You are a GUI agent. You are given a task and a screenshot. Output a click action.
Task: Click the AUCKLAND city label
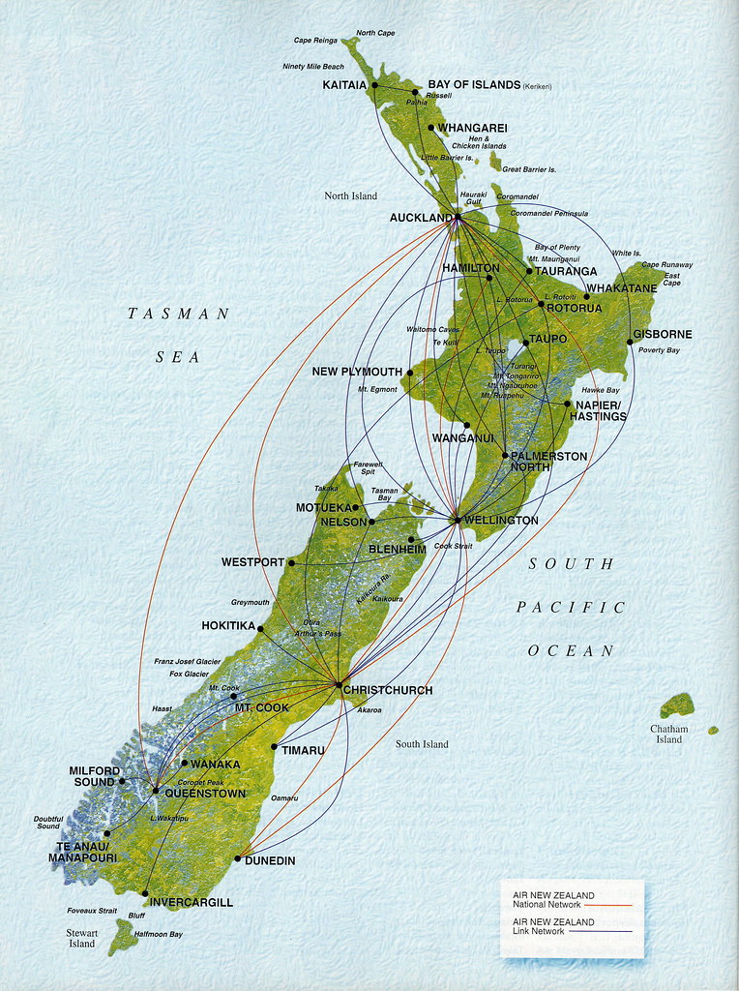tap(420, 218)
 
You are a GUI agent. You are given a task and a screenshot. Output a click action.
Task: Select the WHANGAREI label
tap(472, 128)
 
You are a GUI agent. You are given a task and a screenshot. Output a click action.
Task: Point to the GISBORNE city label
tap(663, 335)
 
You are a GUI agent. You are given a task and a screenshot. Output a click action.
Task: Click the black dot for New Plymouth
tap(410, 373)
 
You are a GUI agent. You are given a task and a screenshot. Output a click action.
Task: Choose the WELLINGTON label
tap(500, 521)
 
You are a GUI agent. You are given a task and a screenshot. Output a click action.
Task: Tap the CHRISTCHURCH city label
tap(388, 690)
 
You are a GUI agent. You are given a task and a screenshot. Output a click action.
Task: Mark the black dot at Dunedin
tap(238, 858)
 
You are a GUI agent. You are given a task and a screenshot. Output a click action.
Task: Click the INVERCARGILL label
tap(192, 902)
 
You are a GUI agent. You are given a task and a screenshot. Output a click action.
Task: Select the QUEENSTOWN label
tap(205, 794)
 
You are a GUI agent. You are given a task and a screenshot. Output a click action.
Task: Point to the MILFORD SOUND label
tap(94, 776)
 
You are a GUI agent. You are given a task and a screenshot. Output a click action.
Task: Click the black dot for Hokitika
tap(260, 629)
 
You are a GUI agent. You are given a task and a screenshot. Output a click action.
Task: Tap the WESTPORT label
tap(252, 562)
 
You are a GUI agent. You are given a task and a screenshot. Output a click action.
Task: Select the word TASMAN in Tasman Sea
tap(179, 314)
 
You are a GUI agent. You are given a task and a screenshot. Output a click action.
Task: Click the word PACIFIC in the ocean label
tap(571, 608)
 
